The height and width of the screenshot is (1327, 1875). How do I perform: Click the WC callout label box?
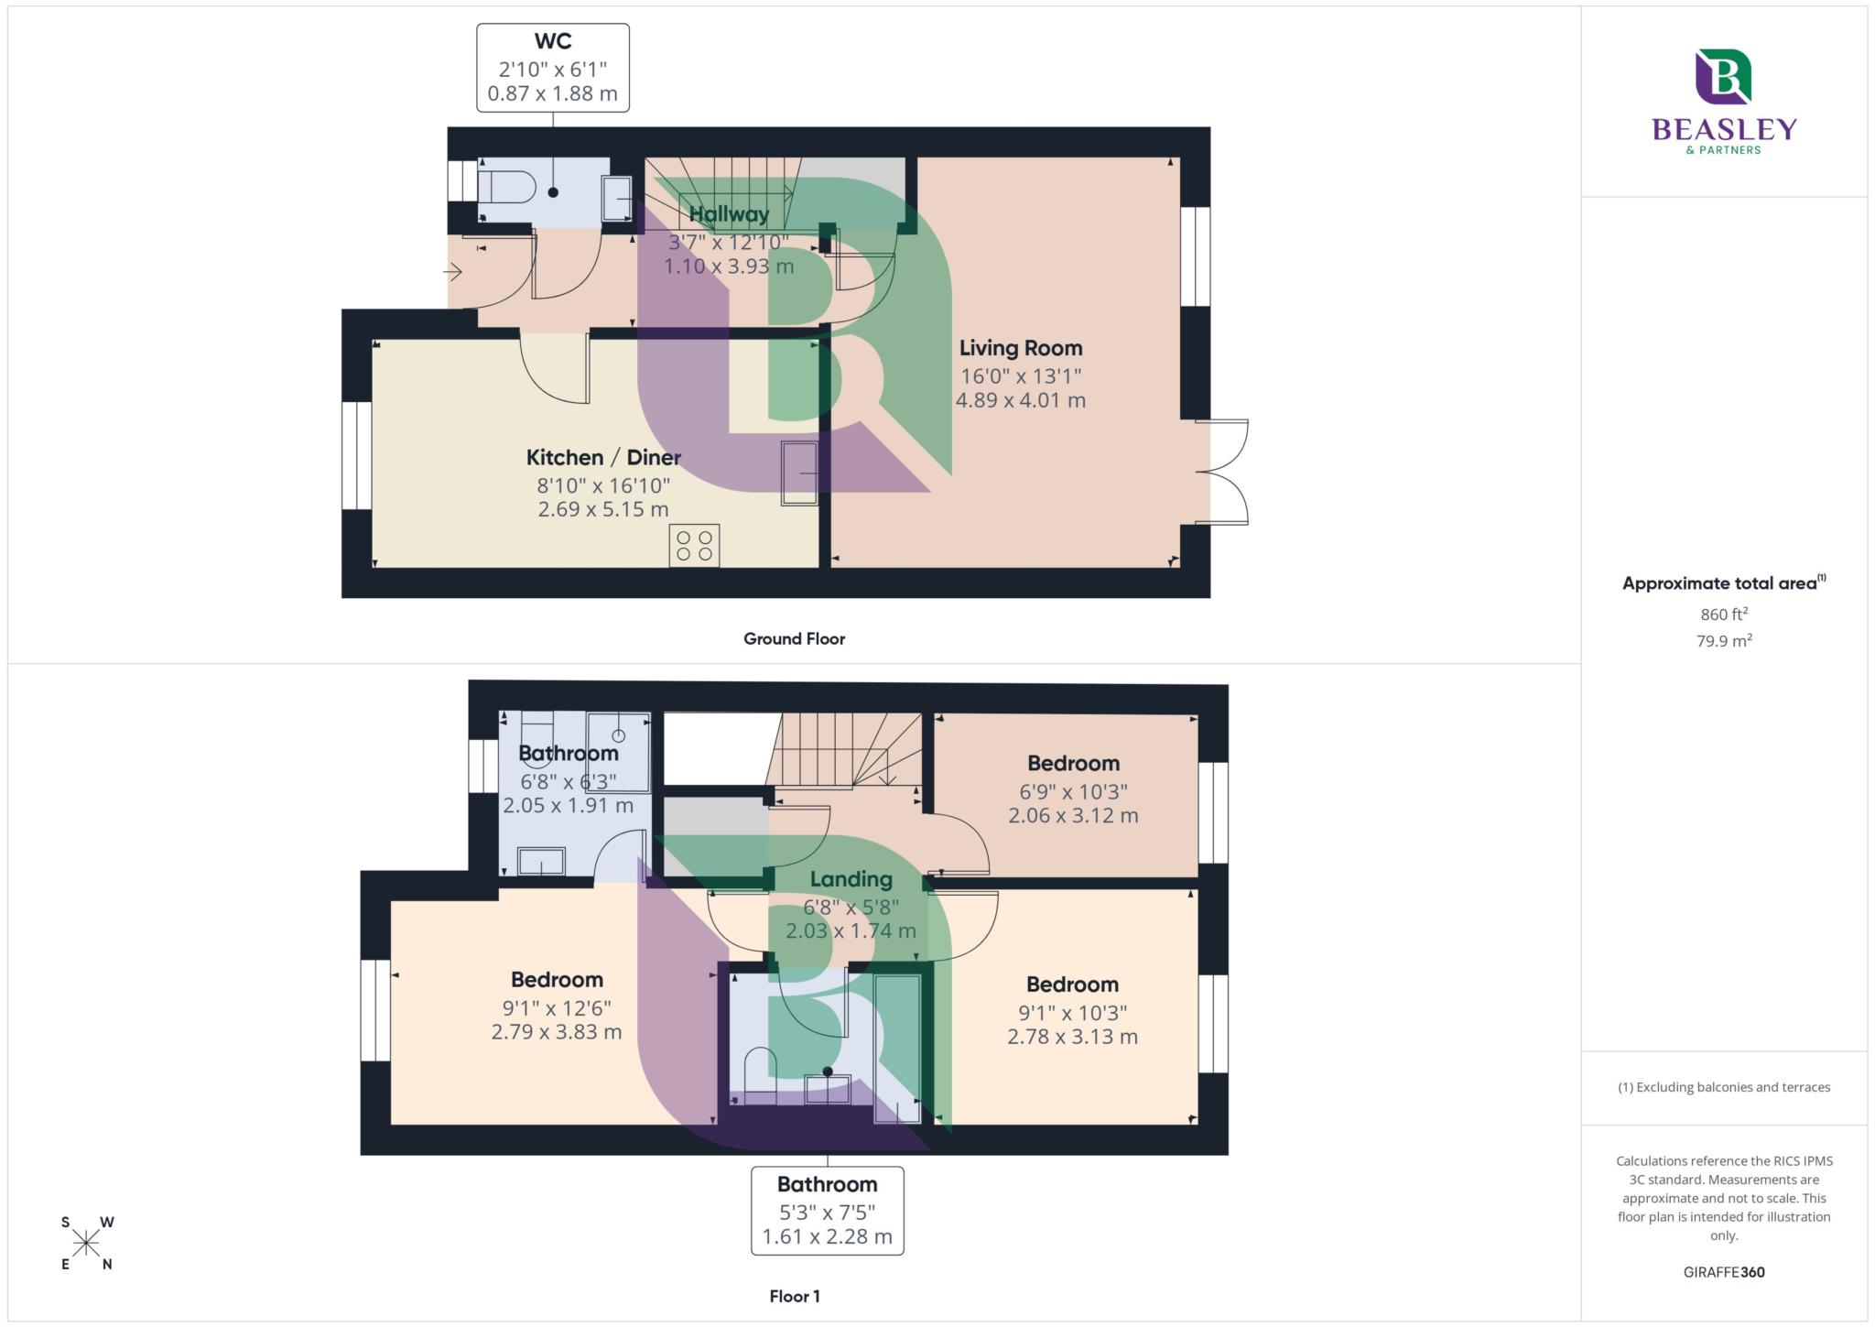552,68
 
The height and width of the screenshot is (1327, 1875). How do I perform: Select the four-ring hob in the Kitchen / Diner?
694,545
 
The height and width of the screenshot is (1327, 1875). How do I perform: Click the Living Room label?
1021,348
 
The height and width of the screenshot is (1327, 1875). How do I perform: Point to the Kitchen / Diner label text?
603,457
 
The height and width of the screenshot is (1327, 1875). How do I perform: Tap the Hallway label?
729,214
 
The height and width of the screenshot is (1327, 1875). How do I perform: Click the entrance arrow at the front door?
453,272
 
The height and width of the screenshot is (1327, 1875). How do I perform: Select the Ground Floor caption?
794,638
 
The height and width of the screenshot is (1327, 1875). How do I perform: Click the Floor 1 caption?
794,1296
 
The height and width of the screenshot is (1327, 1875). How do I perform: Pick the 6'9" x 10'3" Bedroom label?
1073,764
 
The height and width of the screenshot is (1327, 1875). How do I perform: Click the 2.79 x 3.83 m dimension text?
557,1032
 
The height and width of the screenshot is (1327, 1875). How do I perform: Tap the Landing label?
851,879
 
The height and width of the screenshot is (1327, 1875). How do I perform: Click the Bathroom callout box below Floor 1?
827,1210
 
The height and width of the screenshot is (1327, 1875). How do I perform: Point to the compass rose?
87,1243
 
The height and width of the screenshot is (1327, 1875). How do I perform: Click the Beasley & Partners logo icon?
1722,77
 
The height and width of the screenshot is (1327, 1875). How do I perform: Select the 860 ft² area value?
1724,615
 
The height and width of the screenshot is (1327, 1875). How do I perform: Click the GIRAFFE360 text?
1724,1272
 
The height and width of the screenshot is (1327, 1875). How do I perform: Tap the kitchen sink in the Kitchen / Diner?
799,473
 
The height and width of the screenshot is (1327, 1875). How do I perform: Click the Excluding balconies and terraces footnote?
1724,1087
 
